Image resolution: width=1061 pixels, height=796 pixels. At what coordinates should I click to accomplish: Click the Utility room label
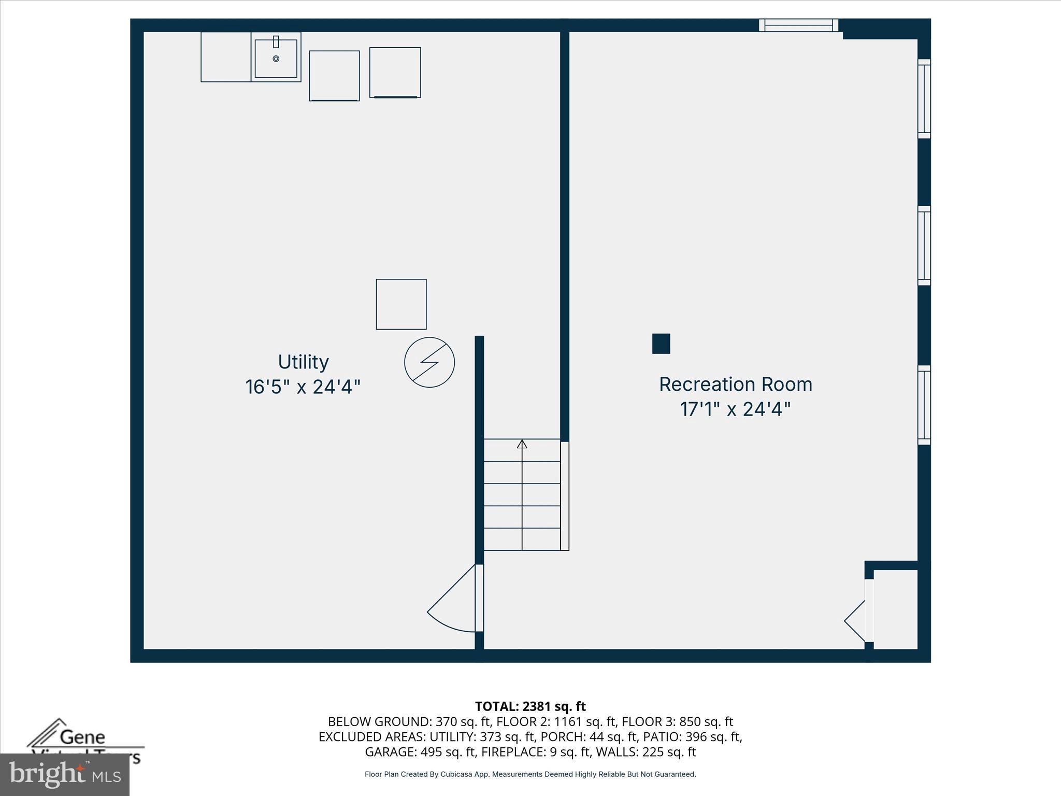(303, 362)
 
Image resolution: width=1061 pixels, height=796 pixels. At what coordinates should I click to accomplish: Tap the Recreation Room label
(735, 385)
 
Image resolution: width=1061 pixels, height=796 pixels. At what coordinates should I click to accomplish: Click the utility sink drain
(276, 59)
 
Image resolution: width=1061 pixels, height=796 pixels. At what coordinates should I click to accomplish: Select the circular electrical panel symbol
(429, 362)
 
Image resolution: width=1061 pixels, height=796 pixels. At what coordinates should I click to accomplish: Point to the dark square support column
(661, 344)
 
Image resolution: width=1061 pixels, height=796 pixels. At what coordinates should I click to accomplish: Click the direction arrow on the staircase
(522, 444)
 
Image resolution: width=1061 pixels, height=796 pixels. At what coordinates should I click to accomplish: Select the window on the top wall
(798, 25)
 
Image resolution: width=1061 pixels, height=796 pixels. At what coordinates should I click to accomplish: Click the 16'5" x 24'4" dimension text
(303, 387)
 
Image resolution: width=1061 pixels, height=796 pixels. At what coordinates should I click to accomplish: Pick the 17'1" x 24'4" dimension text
(735, 409)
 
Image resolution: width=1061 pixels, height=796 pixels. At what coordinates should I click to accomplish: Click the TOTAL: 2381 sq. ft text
(530, 706)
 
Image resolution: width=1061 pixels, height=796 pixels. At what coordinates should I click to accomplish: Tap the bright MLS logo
(64, 775)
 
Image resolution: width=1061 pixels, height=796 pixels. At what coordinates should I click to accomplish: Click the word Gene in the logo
(82, 736)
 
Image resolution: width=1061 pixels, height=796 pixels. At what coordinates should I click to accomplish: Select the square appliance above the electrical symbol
(401, 304)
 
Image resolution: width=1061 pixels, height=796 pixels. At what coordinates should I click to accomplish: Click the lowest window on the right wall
(924, 405)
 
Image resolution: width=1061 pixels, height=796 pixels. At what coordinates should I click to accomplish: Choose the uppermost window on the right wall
(924, 98)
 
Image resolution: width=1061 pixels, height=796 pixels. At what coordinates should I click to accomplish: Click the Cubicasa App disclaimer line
(530, 774)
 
